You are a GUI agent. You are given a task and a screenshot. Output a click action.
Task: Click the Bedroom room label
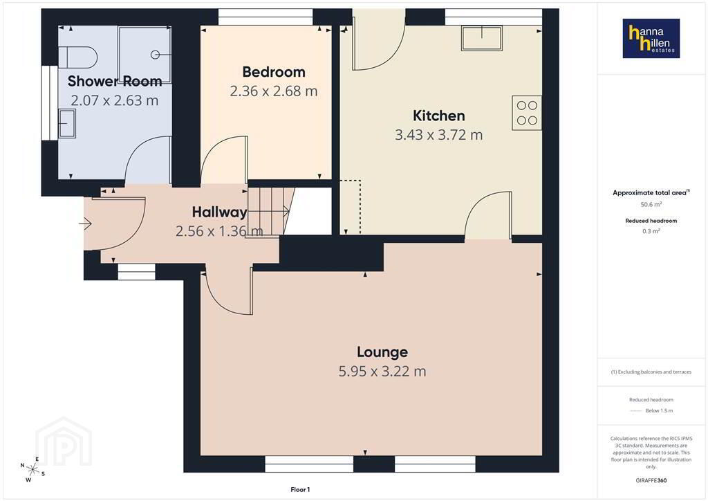pyautogui.click(x=274, y=72)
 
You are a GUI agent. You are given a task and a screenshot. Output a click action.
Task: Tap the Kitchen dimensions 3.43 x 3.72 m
pyautogui.click(x=439, y=135)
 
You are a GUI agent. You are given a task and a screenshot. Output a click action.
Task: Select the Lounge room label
pyautogui.click(x=382, y=352)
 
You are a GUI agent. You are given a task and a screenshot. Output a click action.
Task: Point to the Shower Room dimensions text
pyautogui.click(x=115, y=100)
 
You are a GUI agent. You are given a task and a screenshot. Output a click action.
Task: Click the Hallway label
pyautogui.click(x=219, y=212)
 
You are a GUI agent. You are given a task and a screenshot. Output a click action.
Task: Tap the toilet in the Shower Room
pyautogui.click(x=78, y=57)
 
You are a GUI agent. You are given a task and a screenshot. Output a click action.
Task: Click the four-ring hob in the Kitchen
pyautogui.click(x=527, y=113)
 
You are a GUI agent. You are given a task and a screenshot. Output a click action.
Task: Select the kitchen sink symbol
pyautogui.click(x=482, y=38)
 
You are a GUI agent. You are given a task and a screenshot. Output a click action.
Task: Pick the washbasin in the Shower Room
pyautogui.click(x=67, y=123)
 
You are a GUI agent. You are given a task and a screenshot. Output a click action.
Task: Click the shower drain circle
pyautogui.click(x=155, y=55)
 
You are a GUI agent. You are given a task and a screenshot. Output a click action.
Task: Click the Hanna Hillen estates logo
pyautogui.click(x=651, y=38)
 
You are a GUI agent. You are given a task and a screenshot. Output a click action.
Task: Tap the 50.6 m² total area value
pyautogui.click(x=651, y=204)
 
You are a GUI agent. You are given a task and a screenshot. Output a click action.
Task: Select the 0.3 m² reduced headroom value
pyautogui.click(x=651, y=231)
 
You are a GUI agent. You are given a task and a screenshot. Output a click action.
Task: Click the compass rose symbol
pyautogui.click(x=32, y=469)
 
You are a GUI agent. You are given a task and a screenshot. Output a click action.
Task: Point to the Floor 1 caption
pyautogui.click(x=300, y=490)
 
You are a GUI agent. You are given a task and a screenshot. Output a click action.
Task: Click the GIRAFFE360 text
pyautogui.click(x=651, y=480)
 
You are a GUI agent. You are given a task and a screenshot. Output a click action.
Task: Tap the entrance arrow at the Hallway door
pyautogui.click(x=85, y=224)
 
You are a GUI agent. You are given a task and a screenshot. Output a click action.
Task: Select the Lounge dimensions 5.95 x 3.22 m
pyautogui.click(x=382, y=372)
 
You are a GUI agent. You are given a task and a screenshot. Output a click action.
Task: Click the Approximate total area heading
pyautogui.click(x=650, y=193)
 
